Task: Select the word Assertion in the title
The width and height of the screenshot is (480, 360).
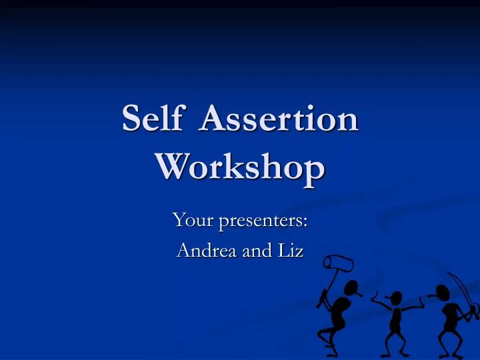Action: (x=279, y=121)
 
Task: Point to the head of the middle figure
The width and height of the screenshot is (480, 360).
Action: (x=396, y=298)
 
